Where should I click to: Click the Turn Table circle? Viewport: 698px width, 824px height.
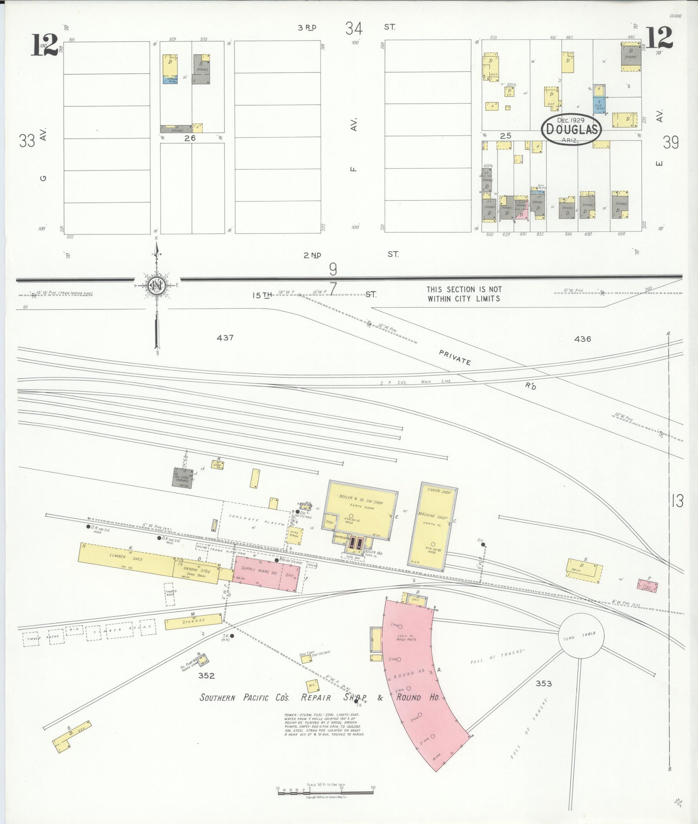point(581,636)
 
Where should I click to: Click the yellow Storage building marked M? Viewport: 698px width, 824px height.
point(193,621)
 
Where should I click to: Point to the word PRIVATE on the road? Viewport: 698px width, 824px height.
point(455,357)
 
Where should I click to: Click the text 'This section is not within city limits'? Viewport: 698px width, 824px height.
point(464,294)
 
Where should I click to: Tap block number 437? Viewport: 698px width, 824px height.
point(225,338)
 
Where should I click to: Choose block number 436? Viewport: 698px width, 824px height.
point(583,339)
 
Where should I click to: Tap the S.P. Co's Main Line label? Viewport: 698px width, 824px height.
point(415,382)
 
